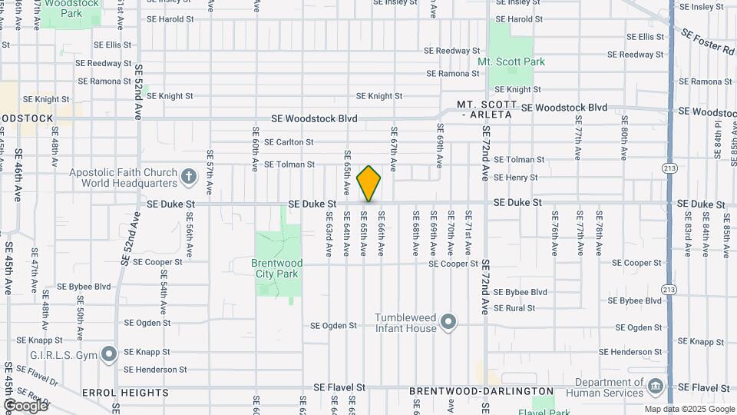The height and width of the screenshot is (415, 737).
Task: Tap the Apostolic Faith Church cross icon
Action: (x=190, y=178)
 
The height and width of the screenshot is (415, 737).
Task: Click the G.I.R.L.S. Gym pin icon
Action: (x=109, y=354)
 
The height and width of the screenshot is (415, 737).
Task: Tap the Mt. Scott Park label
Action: (x=511, y=61)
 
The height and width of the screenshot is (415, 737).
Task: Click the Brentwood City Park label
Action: (x=277, y=268)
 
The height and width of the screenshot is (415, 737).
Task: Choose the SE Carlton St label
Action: (x=289, y=142)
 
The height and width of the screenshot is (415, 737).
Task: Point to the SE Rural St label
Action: (x=514, y=308)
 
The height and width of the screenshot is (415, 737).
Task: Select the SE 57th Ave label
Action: (x=210, y=171)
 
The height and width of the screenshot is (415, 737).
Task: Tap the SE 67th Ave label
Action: (x=393, y=148)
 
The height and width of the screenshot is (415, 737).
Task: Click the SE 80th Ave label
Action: (x=625, y=138)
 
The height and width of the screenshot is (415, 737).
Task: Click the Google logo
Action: (x=25, y=405)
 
